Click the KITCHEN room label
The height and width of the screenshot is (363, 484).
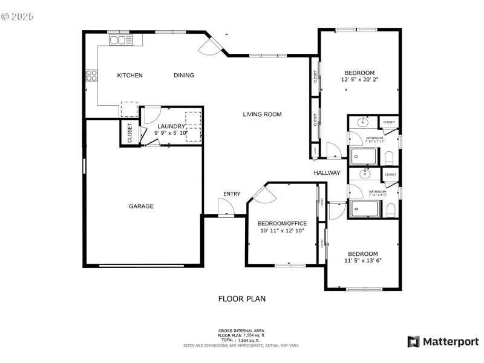pos(129,76)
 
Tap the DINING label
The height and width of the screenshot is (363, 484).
pos(184,76)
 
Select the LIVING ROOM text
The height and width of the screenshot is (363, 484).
pos(262,114)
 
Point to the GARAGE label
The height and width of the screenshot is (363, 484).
pos(141,206)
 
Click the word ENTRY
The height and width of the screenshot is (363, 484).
pos(232,194)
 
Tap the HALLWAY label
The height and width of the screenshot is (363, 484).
pos(327,173)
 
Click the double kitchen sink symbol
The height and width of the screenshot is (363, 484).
pos(120,40)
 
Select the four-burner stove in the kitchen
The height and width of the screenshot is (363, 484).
pos(92,76)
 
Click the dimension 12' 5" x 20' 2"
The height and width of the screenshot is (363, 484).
pos(359,79)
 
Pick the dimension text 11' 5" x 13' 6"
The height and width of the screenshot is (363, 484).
pos(363,261)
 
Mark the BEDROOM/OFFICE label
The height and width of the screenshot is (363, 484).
pos(282,223)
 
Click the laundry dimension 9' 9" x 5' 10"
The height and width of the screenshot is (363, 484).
pos(171,133)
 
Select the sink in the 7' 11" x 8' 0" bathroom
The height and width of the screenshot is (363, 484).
pos(365,175)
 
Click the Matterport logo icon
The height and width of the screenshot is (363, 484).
pos(414,342)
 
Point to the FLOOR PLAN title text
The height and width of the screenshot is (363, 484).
pos(241,299)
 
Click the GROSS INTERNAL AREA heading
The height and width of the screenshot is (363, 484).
pos(241,330)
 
